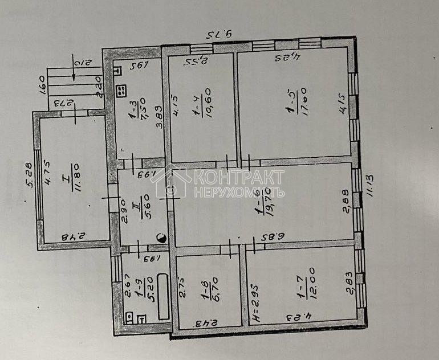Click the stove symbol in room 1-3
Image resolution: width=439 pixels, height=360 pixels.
coord(120,90)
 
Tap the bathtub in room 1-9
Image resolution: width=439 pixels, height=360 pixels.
coord(163,296)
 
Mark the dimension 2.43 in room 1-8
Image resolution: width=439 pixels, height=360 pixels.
coord(204,323)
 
